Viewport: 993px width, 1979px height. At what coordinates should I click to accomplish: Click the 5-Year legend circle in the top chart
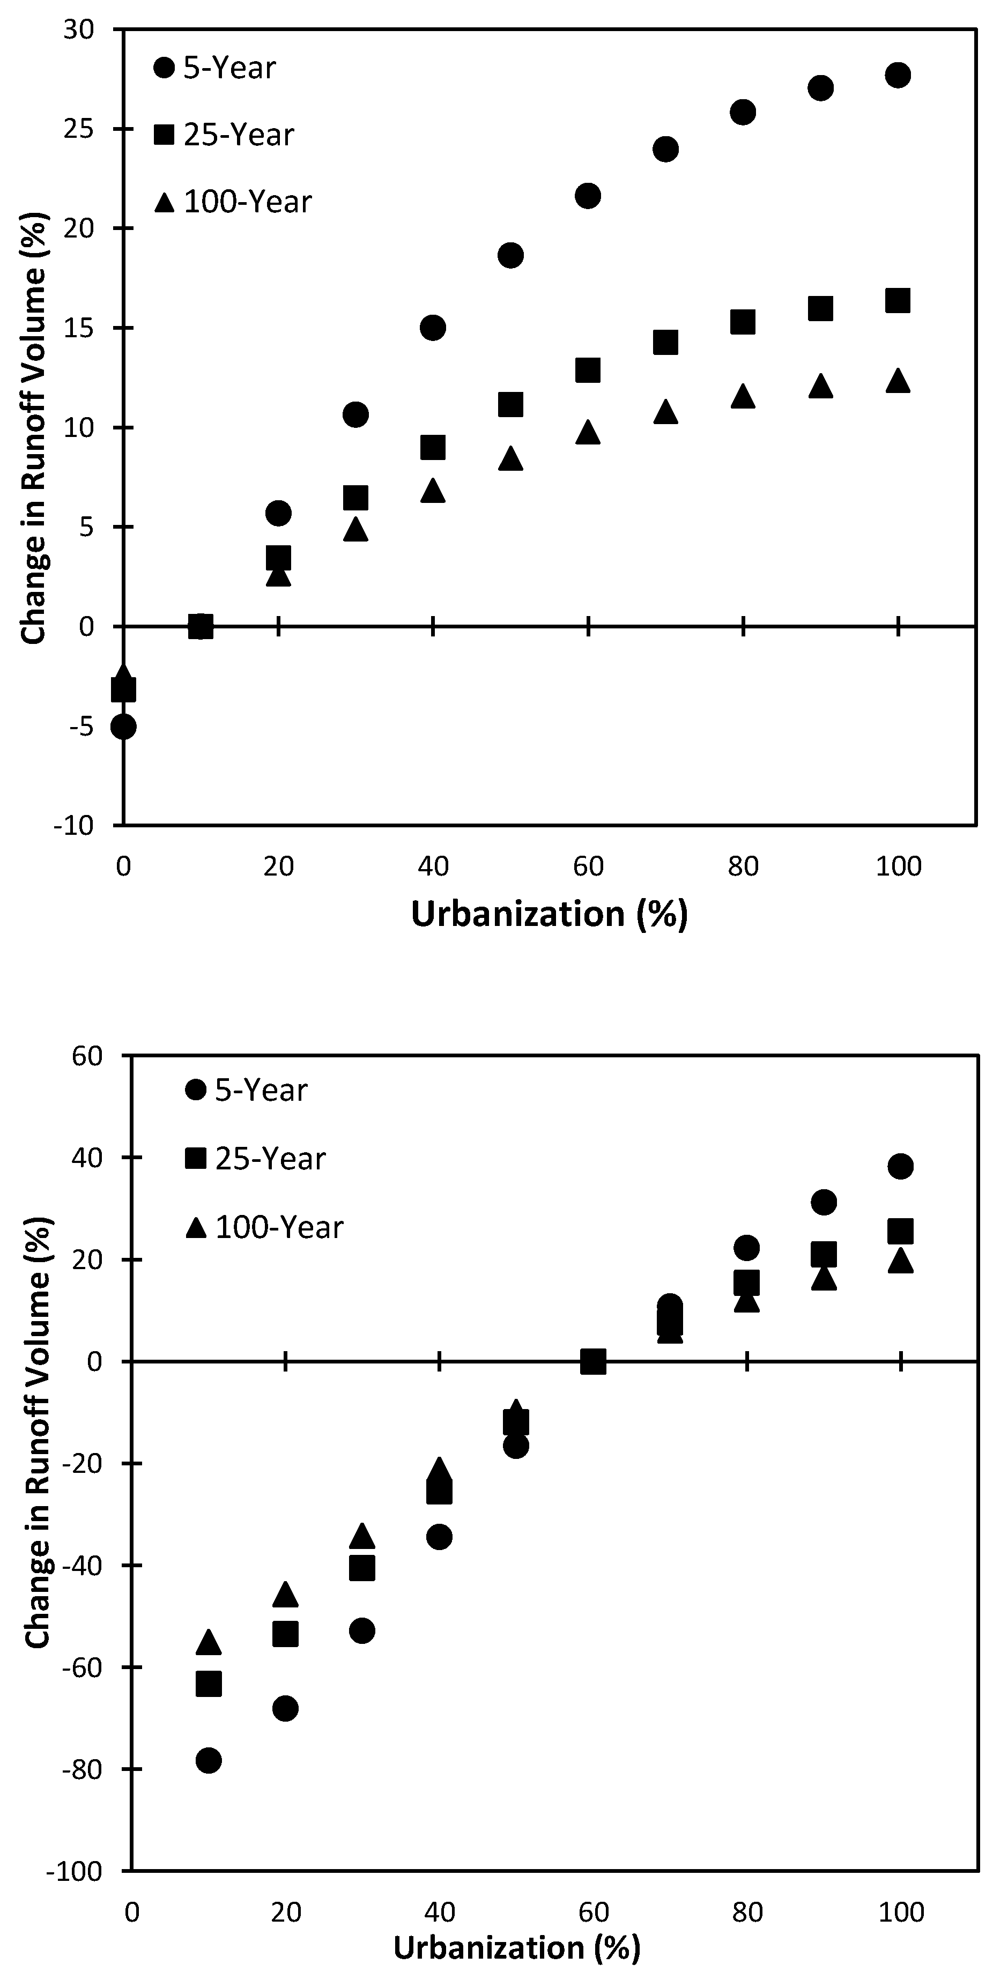(165, 68)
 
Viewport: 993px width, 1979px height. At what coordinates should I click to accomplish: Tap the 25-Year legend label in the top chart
(239, 135)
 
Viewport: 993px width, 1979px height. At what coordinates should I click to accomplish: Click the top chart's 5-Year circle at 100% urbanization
(897, 75)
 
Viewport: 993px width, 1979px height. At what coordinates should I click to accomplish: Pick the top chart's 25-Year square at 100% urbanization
(897, 300)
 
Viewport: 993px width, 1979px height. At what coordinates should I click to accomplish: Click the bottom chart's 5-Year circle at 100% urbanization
(900, 1166)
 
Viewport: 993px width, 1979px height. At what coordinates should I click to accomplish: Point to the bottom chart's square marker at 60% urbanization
(594, 1362)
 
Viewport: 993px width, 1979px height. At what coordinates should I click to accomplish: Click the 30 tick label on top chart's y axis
(78, 30)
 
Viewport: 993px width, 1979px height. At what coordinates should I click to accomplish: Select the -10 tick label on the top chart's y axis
(74, 826)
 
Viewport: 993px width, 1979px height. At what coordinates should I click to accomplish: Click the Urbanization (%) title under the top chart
(549, 914)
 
